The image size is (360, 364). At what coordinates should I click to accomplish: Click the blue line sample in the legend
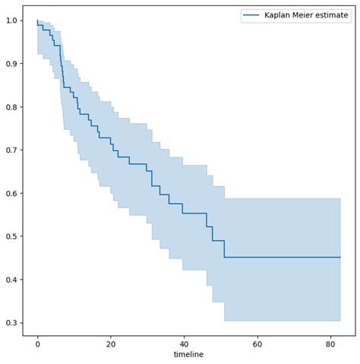[251, 16]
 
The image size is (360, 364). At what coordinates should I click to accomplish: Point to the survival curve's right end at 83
[340, 258]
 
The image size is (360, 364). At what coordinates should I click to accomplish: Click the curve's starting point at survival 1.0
[37, 21]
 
